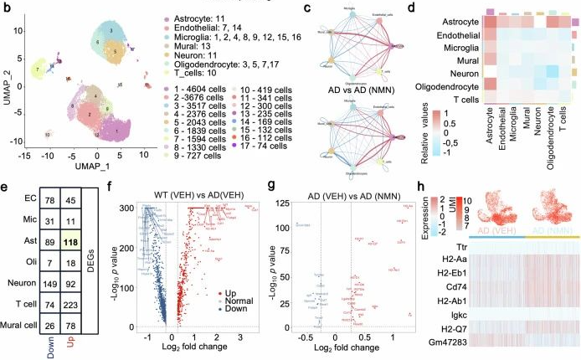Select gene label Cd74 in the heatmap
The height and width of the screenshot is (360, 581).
click(475, 287)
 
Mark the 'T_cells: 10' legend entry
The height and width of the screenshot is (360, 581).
click(169, 72)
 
